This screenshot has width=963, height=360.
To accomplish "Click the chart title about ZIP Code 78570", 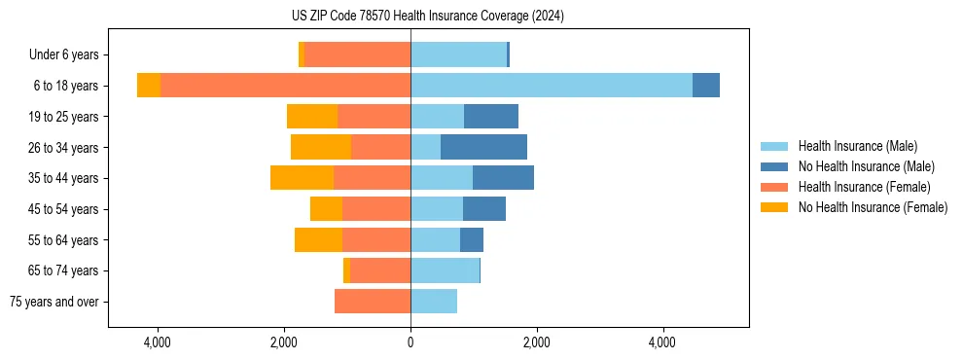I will coord(427,16).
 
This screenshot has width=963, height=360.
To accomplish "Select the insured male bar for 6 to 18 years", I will coord(551,86).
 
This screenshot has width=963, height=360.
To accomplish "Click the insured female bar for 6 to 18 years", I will coord(285,86).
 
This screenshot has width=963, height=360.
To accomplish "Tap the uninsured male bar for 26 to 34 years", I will coord(483,147).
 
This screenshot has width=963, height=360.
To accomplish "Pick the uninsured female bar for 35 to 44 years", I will coord(302,178).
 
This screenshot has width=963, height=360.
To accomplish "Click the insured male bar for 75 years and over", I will coord(434,302).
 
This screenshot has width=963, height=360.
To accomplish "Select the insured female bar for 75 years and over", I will coord(373,302).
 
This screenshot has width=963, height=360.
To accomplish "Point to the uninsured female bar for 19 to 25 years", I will coord(312,117).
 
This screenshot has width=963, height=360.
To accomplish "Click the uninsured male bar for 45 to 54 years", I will coord(484,209).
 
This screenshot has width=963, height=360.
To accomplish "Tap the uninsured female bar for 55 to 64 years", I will coord(318,240).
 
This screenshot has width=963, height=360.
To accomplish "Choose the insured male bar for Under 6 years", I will coord(458,54).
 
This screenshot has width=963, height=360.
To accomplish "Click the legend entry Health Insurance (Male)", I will coord(857,146).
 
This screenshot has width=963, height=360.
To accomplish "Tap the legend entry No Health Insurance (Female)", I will coord(872,207).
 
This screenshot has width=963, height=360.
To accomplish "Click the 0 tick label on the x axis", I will coord(410,342).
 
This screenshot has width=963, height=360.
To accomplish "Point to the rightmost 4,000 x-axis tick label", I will coord(662,342).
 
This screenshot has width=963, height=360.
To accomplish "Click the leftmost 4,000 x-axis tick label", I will coord(158,342).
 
